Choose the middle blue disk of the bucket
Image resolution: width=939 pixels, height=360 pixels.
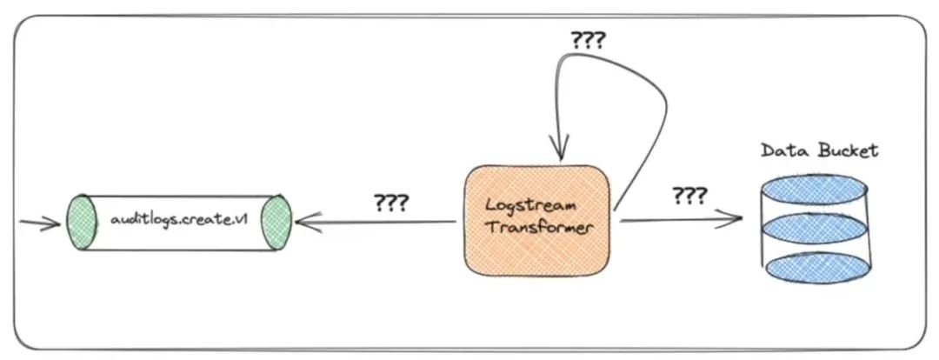click(816, 226)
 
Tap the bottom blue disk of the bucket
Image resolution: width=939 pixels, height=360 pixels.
click(816, 267)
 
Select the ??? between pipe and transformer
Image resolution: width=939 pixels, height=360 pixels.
click(391, 203)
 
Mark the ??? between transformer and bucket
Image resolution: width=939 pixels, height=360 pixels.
click(688, 195)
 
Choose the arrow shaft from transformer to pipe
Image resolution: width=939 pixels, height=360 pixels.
click(383, 223)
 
